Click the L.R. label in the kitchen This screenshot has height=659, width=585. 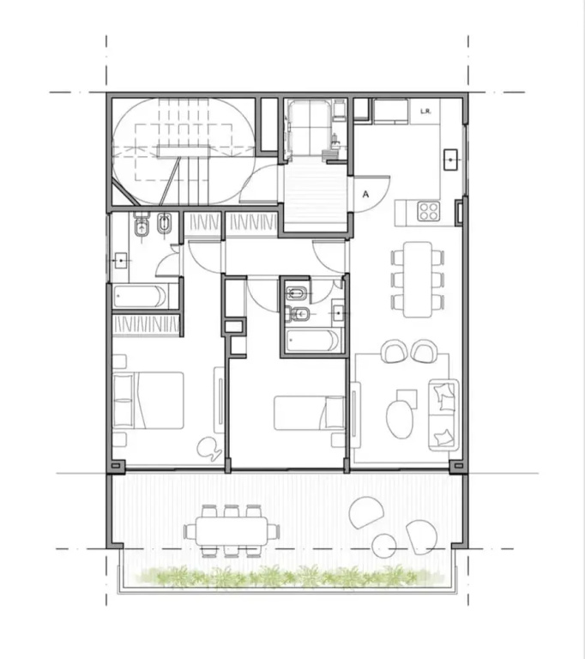coord(425,112)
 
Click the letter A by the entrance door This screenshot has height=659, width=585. coord(365,194)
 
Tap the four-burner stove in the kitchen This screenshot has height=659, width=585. coord(429,211)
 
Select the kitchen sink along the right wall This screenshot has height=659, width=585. coord(450,160)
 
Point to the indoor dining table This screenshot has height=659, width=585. coord(418,279)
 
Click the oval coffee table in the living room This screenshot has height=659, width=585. coord(399,419)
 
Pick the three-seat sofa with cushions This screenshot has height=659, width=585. coord(443,414)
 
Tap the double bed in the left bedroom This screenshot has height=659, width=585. coord(148,400)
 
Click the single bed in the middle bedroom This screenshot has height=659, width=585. coord(310,413)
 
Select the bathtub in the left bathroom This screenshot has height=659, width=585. coord(140,296)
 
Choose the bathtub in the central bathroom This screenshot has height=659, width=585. coord(312,341)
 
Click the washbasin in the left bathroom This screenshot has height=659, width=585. coord(121,261)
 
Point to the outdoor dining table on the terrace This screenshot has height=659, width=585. coord(232,531)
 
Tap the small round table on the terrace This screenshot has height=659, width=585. coord(384,545)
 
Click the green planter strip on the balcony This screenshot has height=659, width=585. coord(277,576)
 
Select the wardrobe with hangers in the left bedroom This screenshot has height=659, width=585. coord(146,325)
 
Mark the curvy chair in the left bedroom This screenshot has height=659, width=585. coord(209,449)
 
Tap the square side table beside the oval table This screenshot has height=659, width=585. coord(407,398)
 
